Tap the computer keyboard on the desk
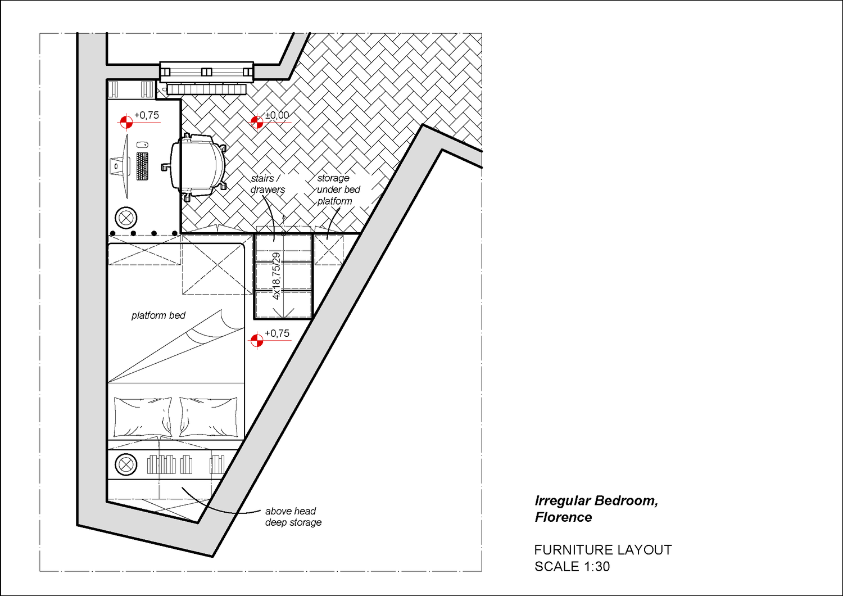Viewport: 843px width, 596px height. pos(142,166)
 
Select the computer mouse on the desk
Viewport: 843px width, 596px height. pos(142,145)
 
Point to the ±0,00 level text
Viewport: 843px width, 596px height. pos(277,115)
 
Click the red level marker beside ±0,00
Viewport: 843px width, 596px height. pos(257,122)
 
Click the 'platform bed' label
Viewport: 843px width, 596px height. pos(158,315)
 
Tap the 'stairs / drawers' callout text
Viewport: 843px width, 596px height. pos(268,184)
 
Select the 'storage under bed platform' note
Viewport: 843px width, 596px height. pos(338,189)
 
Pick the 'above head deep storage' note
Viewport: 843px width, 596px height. pos(293,517)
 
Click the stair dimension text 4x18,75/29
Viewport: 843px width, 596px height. pos(277,276)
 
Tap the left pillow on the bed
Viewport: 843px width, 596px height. pos(143,417)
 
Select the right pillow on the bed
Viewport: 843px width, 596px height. pos(209,417)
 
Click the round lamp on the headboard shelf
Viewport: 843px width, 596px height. pos(126,464)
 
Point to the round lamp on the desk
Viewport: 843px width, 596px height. pos(126,218)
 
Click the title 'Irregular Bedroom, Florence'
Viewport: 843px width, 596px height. pos(596,509)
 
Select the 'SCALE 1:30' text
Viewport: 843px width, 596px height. pos(572,567)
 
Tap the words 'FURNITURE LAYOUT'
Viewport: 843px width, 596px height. pos(603,550)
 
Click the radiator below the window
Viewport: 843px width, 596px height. pos(206,89)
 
